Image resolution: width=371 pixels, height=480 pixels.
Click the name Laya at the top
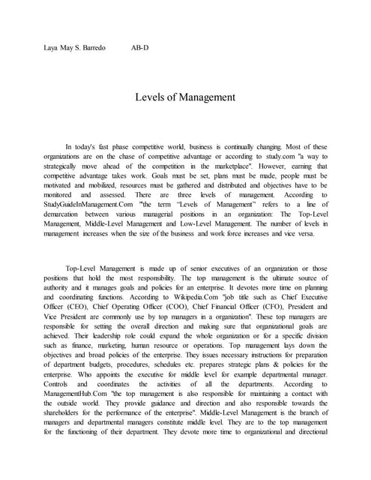pyautogui.click(x=52, y=48)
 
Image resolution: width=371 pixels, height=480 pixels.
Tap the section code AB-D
pyautogui.click(x=140, y=48)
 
